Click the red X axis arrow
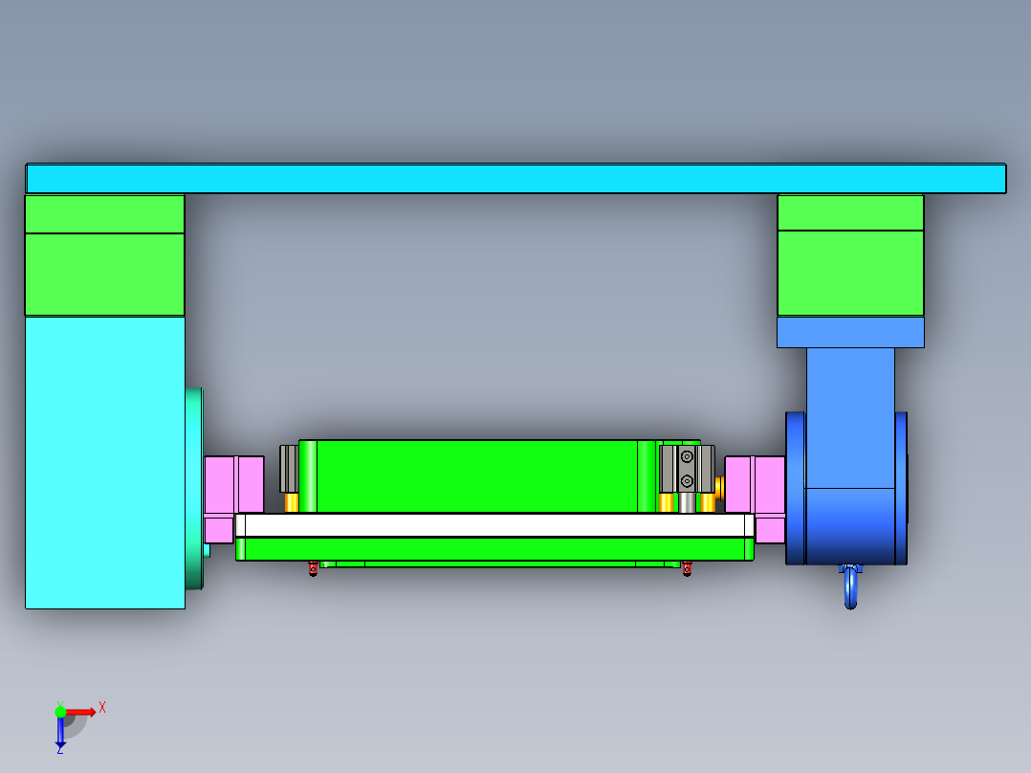click(x=80, y=712)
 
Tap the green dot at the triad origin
click(x=60, y=712)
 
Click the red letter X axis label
click(x=102, y=707)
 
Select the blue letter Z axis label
click(x=59, y=751)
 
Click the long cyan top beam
click(x=515, y=179)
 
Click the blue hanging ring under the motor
click(x=851, y=588)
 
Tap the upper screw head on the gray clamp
click(x=687, y=456)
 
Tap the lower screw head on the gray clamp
click(x=687, y=480)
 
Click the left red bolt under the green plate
click(x=313, y=570)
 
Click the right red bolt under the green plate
click(x=686, y=570)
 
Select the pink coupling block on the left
click(x=234, y=484)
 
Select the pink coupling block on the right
click(x=755, y=484)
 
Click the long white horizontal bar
click(x=494, y=525)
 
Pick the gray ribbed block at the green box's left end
click(x=289, y=469)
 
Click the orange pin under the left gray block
click(x=292, y=502)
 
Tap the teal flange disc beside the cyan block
click(x=195, y=488)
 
